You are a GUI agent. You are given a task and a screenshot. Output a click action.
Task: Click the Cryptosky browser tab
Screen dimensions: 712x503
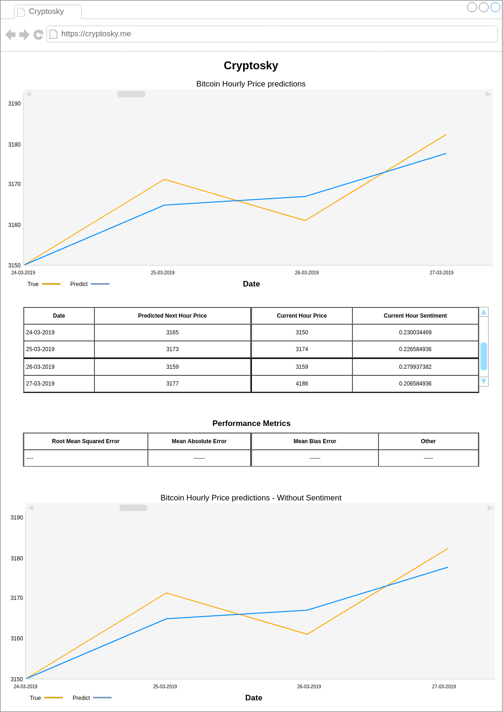click(46, 12)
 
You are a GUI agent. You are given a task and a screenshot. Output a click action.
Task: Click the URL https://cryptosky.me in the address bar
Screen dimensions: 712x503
click(96, 34)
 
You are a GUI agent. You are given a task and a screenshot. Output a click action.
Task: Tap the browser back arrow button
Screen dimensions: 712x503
click(10, 34)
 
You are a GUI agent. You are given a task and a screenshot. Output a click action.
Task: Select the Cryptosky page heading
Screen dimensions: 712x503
click(251, 66)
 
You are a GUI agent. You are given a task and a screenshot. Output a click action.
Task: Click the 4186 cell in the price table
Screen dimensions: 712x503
click(302, 384)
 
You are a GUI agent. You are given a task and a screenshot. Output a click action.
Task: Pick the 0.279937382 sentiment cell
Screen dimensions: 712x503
click(415, 367)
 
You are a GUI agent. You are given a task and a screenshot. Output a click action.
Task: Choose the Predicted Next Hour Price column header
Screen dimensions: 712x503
click(172, 316)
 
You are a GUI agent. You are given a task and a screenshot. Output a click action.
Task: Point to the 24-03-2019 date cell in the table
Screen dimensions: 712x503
click(40, 333)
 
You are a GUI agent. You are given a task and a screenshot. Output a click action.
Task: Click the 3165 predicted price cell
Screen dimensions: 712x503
click(172, 333)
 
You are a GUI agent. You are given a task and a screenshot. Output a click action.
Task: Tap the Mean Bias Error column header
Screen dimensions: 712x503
click(315, 441)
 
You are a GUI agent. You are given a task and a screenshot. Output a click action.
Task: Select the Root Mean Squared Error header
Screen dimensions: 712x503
click(86, 441)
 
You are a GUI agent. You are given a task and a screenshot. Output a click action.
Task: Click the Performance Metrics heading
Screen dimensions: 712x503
click(251, 423)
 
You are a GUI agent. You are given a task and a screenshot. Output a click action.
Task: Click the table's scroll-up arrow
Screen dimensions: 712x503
click(483, 312)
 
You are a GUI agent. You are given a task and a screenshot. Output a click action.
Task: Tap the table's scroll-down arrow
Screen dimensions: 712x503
click(483, 381)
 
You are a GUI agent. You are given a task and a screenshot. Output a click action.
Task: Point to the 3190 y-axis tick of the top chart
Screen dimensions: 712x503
click(14, 104)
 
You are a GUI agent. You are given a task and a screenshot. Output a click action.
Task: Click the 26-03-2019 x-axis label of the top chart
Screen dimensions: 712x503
click(306, 273)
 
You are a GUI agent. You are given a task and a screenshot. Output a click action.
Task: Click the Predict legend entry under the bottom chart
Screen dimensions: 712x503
click(91, 698)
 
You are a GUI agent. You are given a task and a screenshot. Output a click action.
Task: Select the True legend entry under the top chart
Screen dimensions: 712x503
click(43, 284)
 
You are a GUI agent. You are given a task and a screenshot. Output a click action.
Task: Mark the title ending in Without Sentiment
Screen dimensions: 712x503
click(251, 498)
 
